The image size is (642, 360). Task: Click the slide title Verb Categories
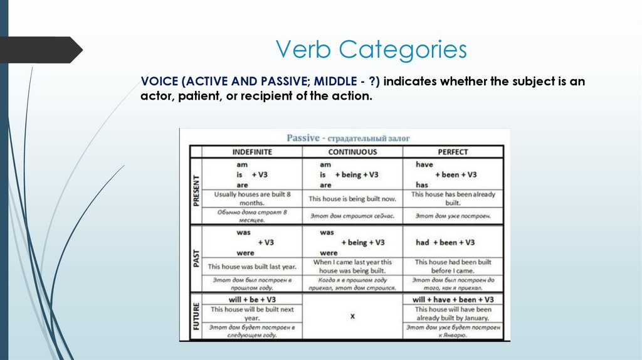click(372, 50)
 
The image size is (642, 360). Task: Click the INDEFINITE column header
click(252, 152)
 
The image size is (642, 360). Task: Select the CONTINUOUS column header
click(352, 152)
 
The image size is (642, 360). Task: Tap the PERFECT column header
click(453, 152)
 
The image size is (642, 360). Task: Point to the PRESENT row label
click(196, 191)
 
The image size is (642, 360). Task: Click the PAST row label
click(196, 258)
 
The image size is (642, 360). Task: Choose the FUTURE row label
click(196, 316)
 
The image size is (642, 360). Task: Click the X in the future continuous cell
click(352, 317)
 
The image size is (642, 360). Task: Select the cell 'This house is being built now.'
click(352, 199)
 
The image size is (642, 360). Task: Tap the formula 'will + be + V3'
click(252, 300)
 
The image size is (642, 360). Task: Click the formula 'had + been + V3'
click(445, 242)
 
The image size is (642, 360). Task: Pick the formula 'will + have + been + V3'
click(453, 300)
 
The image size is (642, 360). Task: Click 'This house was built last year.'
click(252, 267)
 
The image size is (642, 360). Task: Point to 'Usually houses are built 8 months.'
click(252, 199)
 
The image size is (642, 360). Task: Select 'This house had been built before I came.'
click(453, 266)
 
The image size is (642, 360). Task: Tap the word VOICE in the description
click(159, 82)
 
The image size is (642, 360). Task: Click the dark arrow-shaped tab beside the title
click(41, 50)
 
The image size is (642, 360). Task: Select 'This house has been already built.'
click(453, 199)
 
